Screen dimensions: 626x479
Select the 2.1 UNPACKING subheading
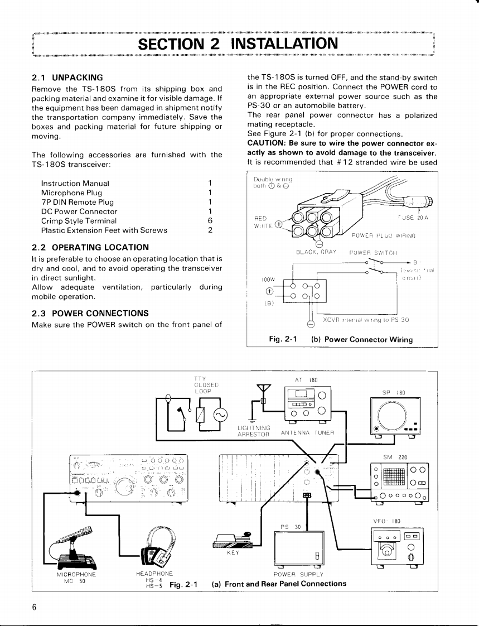[x=67, y=78]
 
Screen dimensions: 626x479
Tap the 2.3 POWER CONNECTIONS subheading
[x=84, y=312]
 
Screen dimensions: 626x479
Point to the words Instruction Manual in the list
[x=75, y=183]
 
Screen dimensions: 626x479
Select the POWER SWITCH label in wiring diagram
[x=372, y=252]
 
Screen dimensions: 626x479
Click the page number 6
[x=34, y=608]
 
